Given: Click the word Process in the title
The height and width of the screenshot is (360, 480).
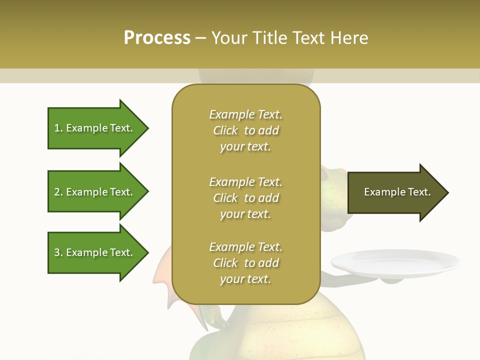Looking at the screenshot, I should [x=157, y=38].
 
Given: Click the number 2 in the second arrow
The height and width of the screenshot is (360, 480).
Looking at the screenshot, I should [x=57, y=192].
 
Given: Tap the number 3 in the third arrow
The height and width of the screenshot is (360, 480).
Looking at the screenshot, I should [x=57, y=252].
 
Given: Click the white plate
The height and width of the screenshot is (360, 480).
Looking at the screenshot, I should [x=395, y=262].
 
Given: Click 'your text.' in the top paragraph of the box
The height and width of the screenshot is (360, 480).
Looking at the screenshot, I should [x=245, y=147].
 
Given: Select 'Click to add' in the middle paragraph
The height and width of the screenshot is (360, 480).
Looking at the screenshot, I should [x=245, y=198].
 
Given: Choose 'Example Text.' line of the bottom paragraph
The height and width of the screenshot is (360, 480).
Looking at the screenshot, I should [x=245, y=247].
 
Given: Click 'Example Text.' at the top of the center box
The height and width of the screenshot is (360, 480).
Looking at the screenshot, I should [x=245, y=114].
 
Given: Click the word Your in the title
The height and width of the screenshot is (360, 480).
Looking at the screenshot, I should [x=230, y=38].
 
